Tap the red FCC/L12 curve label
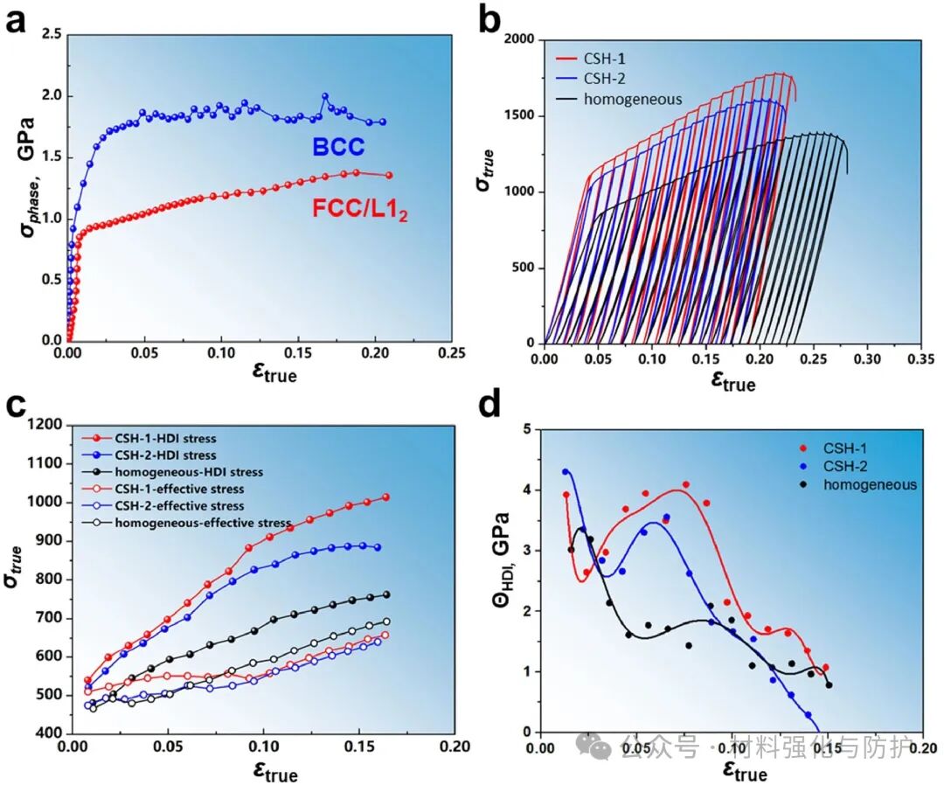tap(358, 209)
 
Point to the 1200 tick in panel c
tap(45, 425)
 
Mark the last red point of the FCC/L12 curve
tap(389, 175)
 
